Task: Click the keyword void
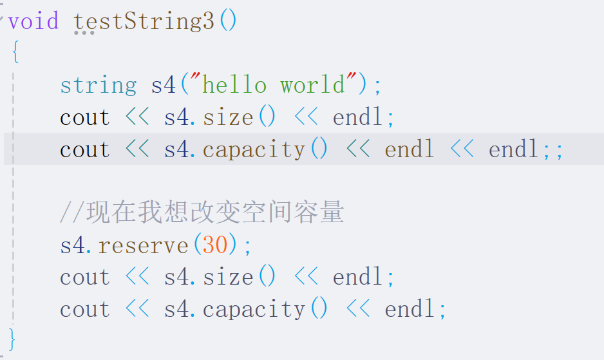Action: (x=33, y=21)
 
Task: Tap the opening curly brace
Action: (x=15, y=53)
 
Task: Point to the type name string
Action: (x=98, y=85)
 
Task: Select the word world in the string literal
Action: (x=312, y=85)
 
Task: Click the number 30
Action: (x=215, y=245)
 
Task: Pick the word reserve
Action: (x=143, y=245)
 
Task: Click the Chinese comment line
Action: (x=202, y=213)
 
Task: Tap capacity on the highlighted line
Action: (x=254, y=150)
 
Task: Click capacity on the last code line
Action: (x=254, y=310)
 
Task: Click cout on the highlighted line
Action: (x=85, y=150)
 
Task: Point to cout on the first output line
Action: (x=85, y=118)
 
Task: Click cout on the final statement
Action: (x=85, y=310)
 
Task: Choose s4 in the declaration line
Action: (x=164, y=85)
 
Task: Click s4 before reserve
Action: (x=73, y=245)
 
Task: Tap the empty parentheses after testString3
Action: (x=228, y=21)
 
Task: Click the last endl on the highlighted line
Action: (x=513, y=150)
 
